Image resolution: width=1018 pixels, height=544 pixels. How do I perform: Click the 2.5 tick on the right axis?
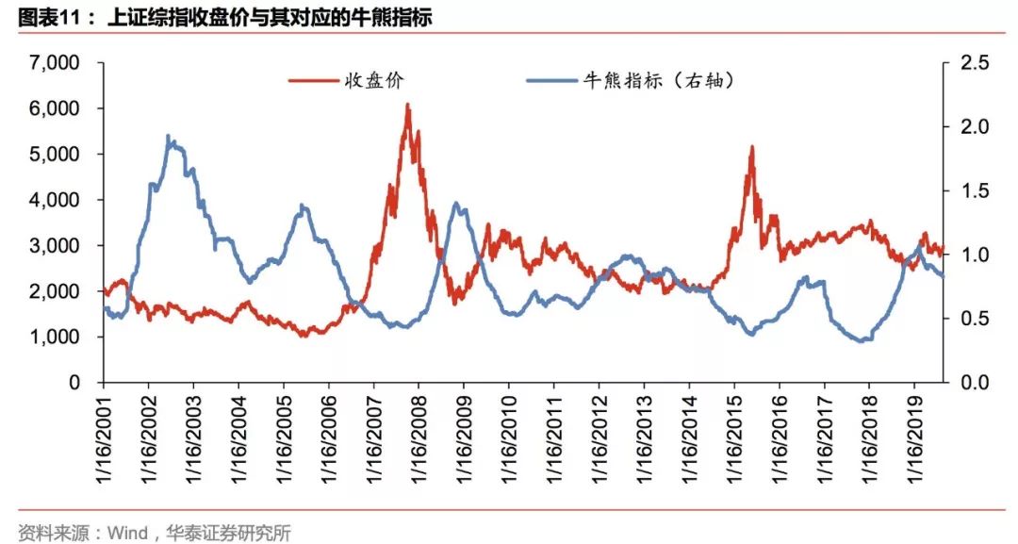click(x=969, y=63)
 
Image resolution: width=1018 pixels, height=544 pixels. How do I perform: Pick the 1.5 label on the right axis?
click(x=969, y=191)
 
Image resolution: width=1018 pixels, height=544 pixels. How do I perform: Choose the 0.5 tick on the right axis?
click(x=969, y=320)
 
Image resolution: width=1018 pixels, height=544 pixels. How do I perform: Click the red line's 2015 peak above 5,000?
click(x=751, y=147)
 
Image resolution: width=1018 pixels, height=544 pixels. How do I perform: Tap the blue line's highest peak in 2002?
click(x=168, y=136)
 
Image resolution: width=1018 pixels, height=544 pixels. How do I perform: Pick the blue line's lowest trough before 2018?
click(x=861, y=340)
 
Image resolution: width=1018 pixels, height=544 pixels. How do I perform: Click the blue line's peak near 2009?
click(x=456, y=204)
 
